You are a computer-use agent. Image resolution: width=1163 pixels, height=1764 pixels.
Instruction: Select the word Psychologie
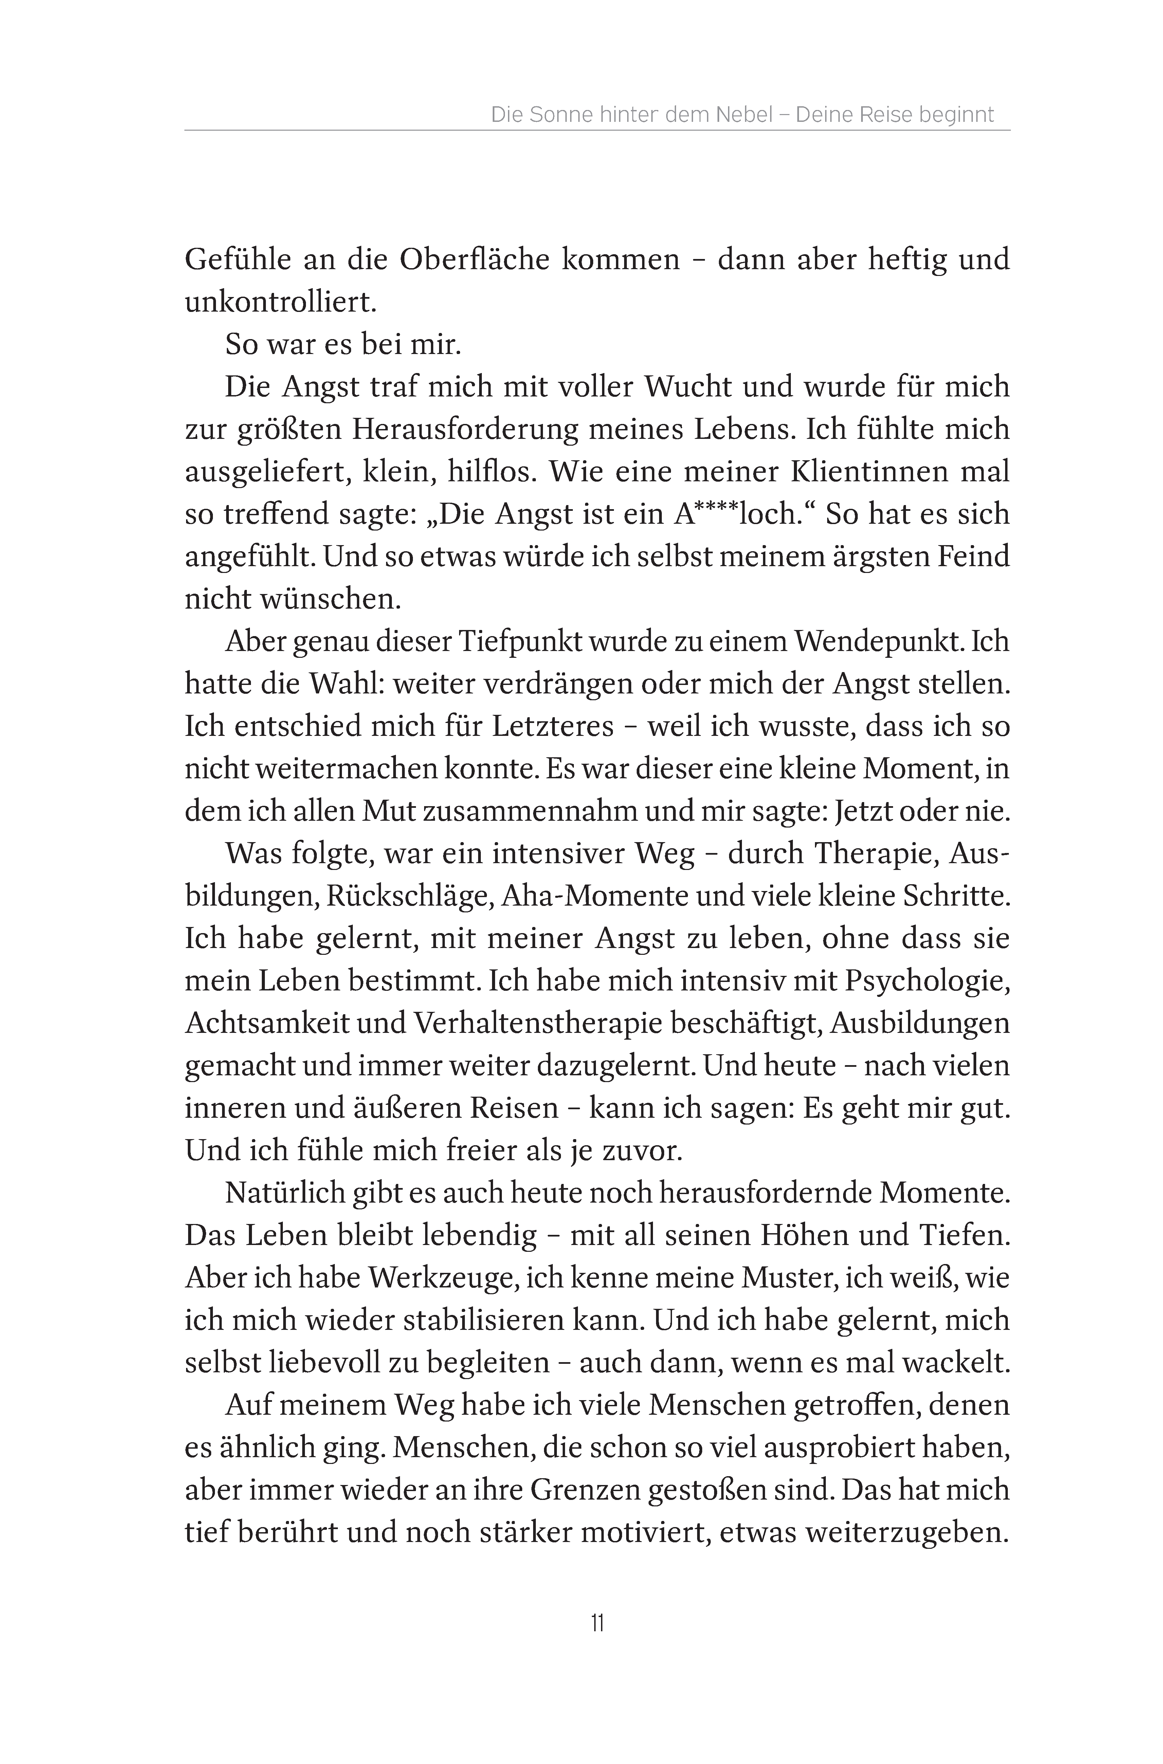927,980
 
